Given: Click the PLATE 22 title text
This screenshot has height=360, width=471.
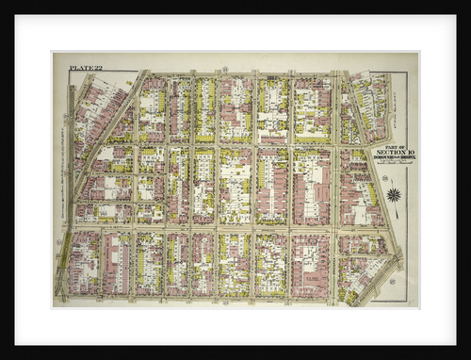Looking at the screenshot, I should click(86, 68).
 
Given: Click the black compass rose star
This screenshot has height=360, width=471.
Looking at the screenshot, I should click(394, 195).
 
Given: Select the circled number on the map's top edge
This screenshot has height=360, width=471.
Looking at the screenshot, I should click(226, 69).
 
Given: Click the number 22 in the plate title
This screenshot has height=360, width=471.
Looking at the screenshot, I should click(97, 68).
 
